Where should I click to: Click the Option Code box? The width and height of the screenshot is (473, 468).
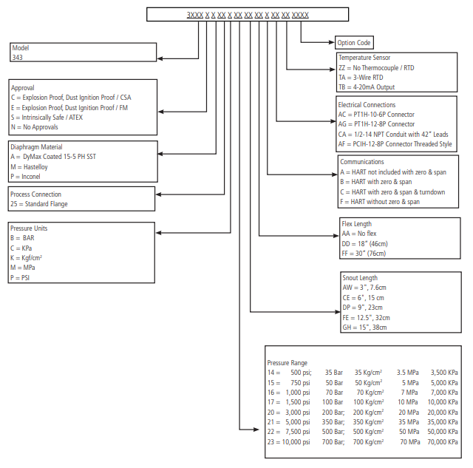354,43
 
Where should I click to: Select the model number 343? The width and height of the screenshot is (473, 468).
17,58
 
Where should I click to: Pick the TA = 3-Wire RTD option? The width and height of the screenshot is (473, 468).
361,78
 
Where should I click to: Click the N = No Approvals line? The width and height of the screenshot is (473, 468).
35,127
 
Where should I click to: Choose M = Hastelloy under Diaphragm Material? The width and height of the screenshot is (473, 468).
29,167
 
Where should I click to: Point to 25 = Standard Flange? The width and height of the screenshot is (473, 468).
39,204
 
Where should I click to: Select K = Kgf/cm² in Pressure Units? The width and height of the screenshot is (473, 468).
26,258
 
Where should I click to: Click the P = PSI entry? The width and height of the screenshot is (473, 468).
20,277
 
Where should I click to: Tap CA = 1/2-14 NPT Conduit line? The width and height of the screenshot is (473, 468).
393,135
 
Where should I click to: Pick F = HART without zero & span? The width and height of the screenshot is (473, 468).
380,202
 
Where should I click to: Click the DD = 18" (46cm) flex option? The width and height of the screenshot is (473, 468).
364,243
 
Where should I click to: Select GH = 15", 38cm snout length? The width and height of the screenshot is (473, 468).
364,328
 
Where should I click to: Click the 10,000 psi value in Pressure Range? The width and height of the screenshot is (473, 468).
296,442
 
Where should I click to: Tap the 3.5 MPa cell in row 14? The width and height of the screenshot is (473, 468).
407,373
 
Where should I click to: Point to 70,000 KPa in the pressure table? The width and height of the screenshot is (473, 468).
443,442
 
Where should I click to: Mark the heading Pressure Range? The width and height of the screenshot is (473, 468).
287,363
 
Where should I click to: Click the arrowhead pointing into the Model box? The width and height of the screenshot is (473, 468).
160,58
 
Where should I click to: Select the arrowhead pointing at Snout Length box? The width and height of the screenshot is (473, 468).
338,312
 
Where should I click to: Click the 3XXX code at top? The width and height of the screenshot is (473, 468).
195,15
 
